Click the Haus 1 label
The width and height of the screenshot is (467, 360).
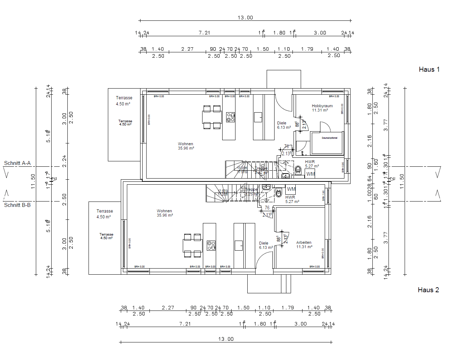429,70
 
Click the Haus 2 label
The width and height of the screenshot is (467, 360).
428,290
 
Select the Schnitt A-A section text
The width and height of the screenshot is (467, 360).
17,163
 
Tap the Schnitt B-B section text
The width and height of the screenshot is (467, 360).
17,205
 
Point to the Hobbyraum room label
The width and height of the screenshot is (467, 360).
322,106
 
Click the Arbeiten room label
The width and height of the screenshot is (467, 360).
304,243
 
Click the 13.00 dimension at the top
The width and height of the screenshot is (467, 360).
245,18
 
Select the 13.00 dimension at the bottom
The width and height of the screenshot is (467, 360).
226,339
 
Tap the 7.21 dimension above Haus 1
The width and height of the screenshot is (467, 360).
204,33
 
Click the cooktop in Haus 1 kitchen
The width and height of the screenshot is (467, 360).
230,117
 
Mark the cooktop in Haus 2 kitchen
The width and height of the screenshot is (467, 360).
211,246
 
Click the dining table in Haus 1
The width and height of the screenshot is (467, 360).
212,117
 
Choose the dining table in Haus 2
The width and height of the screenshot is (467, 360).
192,246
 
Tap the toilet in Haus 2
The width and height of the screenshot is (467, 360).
279,193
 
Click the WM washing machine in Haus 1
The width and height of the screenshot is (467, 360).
310,174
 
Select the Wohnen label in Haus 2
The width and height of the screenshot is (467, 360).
164,211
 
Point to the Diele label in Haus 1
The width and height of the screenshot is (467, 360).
282,123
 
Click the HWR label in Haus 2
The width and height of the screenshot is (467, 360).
290,198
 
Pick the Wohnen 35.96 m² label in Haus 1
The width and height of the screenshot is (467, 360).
186,146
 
